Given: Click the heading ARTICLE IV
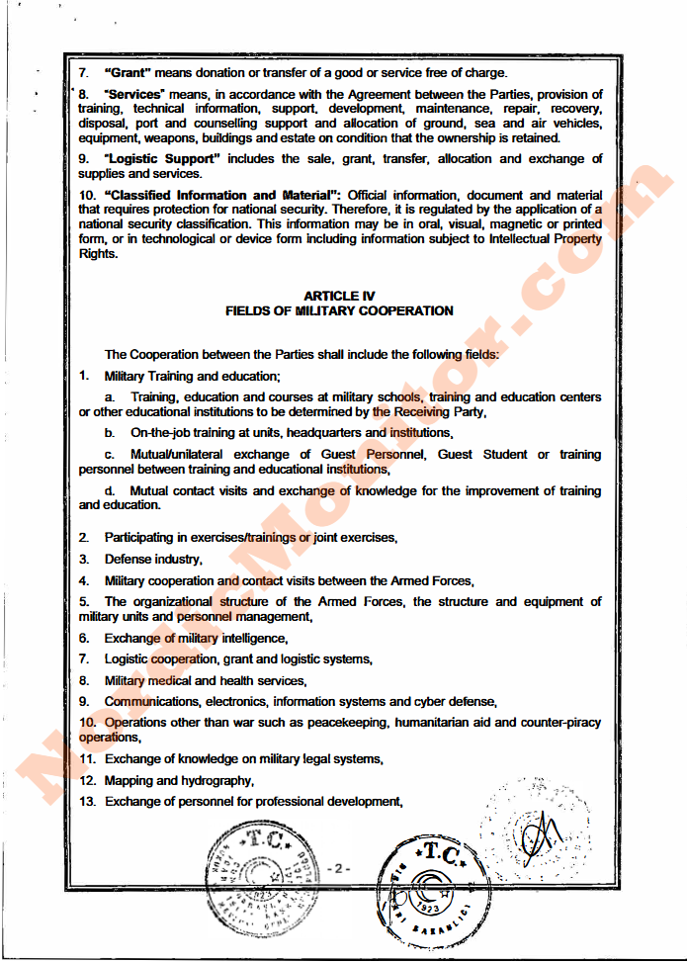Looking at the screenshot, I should point(339,296).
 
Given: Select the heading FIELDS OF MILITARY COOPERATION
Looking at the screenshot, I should point(339,310).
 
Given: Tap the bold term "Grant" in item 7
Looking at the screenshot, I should point(127,72).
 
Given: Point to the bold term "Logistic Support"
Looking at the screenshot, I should point(162,158).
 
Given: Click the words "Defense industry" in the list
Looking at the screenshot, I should point(152,559).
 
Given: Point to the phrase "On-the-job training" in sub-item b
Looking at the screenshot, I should point(184,433).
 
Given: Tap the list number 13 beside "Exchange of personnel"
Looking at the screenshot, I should point(87,802).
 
